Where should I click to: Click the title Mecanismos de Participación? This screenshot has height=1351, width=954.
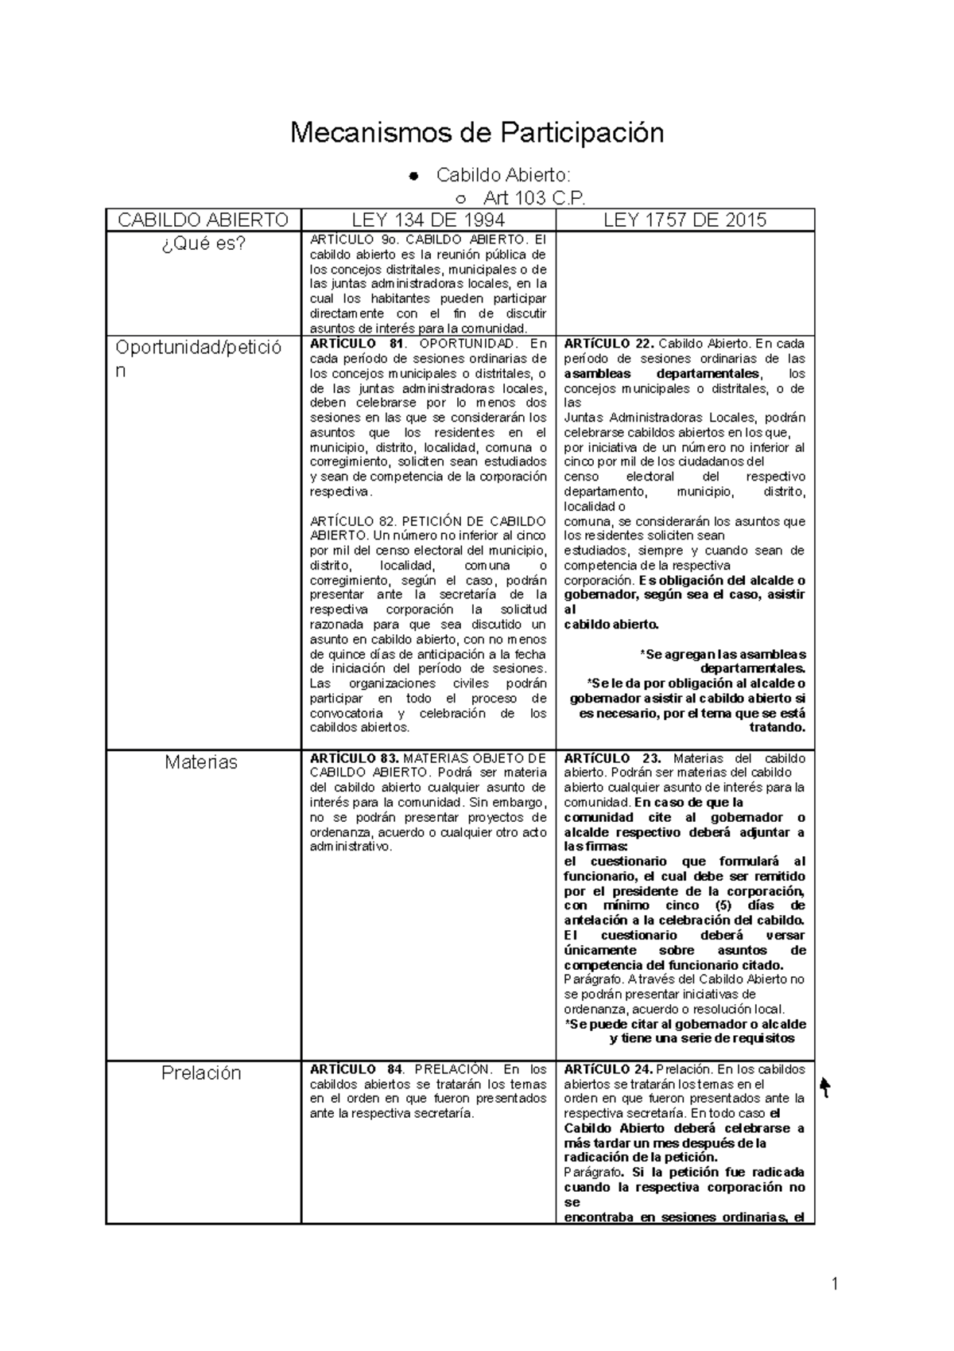476,132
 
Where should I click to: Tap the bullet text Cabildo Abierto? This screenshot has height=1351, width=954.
502,175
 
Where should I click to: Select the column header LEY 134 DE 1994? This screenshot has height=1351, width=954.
428,220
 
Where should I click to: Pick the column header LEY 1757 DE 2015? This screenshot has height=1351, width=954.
684,220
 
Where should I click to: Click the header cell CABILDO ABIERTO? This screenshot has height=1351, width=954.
203,220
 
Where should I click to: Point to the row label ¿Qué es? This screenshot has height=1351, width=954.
203,244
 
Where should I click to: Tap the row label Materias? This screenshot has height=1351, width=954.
201,762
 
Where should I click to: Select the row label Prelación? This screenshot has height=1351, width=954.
201,1073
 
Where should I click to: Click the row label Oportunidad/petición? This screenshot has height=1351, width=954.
198,358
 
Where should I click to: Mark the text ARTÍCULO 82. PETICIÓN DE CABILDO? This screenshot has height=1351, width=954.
428,522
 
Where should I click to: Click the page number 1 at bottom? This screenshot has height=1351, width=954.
835,1283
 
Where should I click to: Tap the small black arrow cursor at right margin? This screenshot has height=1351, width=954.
825,1087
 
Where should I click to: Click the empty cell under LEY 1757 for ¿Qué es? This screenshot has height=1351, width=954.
684,282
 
